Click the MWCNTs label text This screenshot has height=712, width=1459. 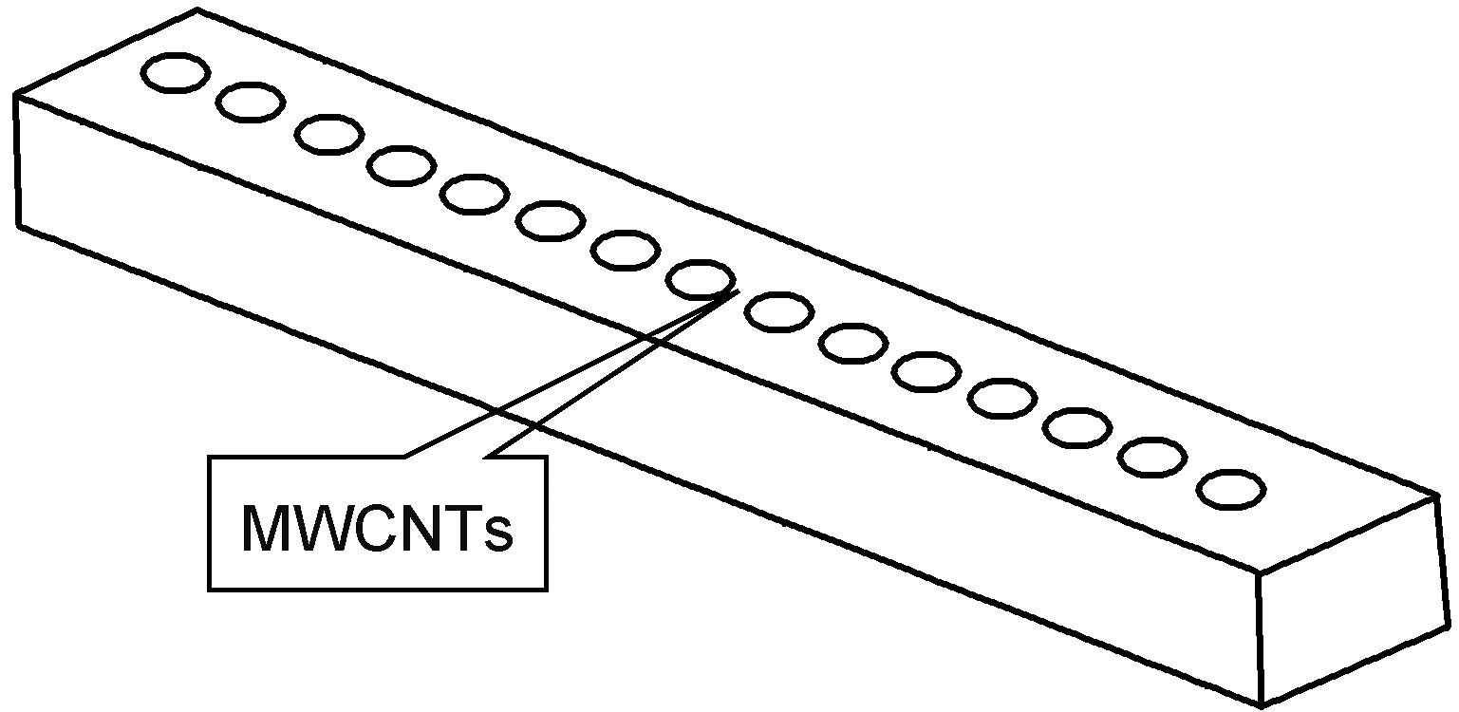click(377, 528)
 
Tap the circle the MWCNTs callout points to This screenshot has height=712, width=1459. click(701, 279)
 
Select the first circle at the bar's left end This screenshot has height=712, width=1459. click(176, 73)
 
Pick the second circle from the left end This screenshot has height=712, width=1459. click(251, 102)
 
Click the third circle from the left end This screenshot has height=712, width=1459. click(328, 134)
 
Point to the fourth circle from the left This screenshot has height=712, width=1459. click(402, 166)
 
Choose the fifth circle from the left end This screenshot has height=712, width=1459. click(474, 194)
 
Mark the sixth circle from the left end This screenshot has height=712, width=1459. click(550, 221)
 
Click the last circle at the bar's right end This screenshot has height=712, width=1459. click(1230, 490)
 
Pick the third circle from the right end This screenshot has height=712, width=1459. click(1077, 427)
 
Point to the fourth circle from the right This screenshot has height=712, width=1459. click(1002, 398)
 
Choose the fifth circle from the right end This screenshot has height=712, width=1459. click(926, 371)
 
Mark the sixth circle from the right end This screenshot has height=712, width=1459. click(852, 343)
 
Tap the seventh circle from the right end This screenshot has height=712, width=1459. click(778, 311)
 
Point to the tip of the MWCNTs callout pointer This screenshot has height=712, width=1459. click(737, 292)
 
